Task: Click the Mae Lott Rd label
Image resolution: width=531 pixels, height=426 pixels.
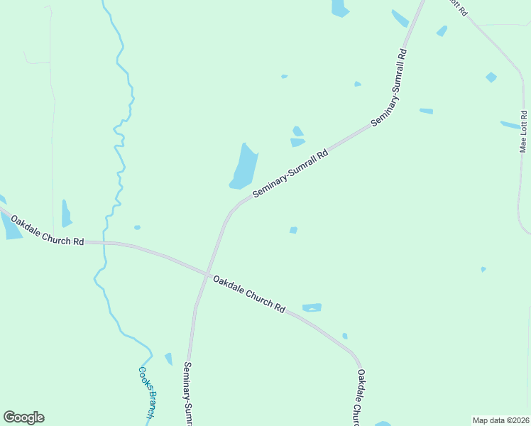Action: pos(524,131)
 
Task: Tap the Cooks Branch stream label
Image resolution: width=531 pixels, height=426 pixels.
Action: pos(148,391)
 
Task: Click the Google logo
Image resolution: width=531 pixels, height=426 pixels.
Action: pos(23,417)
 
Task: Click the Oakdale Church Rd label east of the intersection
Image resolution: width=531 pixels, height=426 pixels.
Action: pos(249,294)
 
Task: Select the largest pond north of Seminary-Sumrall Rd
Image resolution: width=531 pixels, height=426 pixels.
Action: pos(243,168)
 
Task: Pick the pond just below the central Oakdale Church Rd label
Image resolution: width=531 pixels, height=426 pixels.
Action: pos(312,307)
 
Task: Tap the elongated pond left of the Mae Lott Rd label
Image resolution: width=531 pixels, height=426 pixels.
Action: pos(510,125)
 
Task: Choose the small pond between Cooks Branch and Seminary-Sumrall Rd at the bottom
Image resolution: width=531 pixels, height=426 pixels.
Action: pos(168,359)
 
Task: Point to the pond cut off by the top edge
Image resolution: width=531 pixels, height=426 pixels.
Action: pos(340,7)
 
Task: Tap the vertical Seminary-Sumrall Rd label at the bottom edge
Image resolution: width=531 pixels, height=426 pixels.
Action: pos(188,394)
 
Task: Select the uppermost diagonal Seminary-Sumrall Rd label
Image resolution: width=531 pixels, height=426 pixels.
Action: pos(389,88)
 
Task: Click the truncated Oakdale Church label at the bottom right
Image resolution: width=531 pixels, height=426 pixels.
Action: pos(361,398)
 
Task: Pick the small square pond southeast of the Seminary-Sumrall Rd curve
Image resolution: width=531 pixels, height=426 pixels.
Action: pos(293,230)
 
